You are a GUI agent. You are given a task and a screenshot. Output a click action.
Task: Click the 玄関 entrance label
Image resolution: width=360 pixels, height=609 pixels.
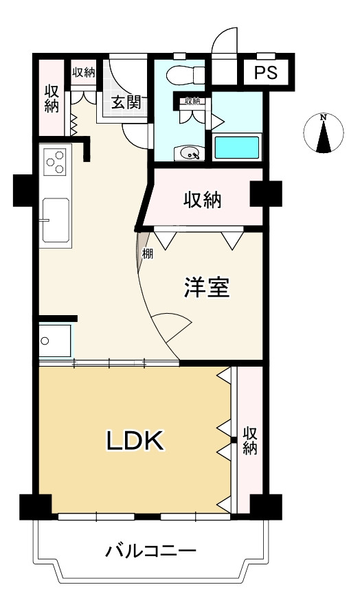[126, 103]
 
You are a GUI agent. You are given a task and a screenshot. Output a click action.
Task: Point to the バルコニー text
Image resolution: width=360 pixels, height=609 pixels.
[151, 551]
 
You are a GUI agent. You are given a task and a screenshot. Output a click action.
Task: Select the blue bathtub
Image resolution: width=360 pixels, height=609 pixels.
[236, 147]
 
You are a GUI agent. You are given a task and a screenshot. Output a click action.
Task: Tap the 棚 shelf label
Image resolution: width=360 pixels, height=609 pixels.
[147, 254]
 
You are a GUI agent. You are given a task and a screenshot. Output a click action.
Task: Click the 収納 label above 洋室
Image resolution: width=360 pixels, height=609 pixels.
[202, 200]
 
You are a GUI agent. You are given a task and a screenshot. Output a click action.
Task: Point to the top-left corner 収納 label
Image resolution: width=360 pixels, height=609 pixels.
[52, 98]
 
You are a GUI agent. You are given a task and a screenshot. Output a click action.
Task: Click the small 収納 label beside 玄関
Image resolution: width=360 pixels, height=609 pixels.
[83, 72]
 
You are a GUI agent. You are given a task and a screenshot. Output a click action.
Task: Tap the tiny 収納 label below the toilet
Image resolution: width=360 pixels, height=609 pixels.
[191, 102]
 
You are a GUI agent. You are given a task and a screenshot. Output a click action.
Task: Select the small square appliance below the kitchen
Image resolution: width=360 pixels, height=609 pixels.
[54, 340]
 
